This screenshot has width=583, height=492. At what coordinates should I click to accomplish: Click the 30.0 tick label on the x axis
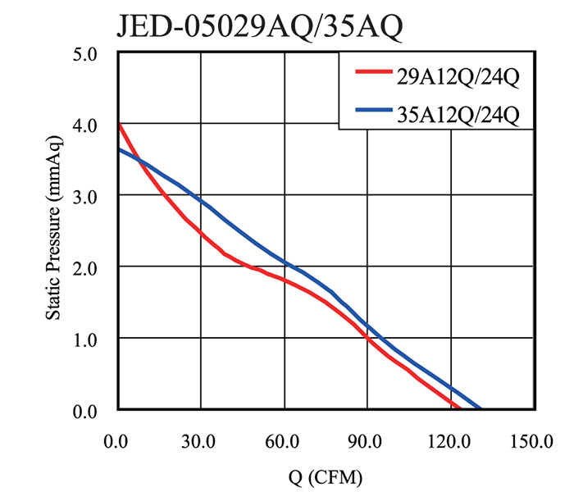pyautogui.click(x=201, y=443)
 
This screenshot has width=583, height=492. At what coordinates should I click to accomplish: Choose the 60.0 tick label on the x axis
pyautogui.click(x=284, y=443)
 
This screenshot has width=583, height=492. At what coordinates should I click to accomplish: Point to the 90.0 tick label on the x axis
pyautogui.click(x=367, y=443)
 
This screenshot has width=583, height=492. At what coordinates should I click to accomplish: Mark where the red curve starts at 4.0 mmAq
pyautogui.click(x=119, y=125)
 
